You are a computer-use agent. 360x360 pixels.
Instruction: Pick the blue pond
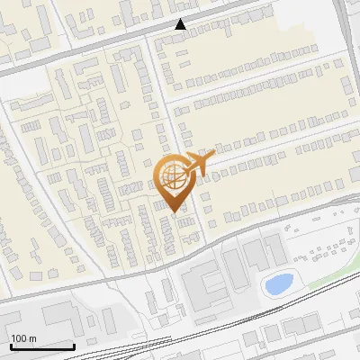(276, 284)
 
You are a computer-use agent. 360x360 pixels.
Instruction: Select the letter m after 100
(32, 338)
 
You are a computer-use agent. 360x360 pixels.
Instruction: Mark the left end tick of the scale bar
(11, 345)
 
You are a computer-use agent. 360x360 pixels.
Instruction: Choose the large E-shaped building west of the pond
(209, 283)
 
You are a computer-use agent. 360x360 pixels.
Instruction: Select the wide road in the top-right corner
(347, 27)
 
